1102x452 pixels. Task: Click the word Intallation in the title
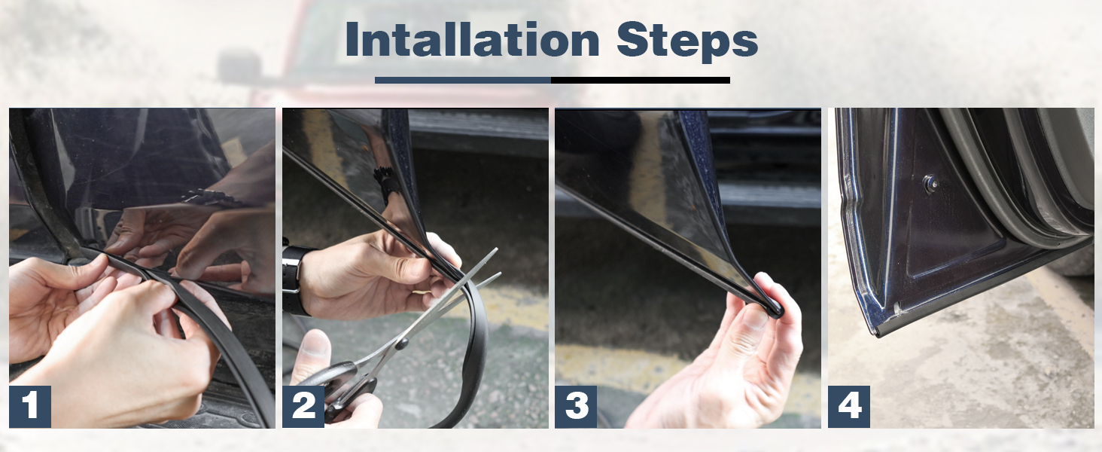(x=472, y=39)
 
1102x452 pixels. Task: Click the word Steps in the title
(x=686, y=42)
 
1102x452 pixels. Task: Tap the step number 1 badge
(x=30, y=406)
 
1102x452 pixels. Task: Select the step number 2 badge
(x=303, y=406)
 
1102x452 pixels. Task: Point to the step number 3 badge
(x=576, y=406)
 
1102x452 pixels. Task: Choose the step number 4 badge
(x=848, y=406)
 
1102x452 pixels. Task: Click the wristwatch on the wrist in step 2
(x=294, y=281)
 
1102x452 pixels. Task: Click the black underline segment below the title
(x=640, y=80)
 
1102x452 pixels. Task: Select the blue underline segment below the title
(x=463, y=80)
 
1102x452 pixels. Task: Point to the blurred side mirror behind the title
(x=239, y=64)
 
